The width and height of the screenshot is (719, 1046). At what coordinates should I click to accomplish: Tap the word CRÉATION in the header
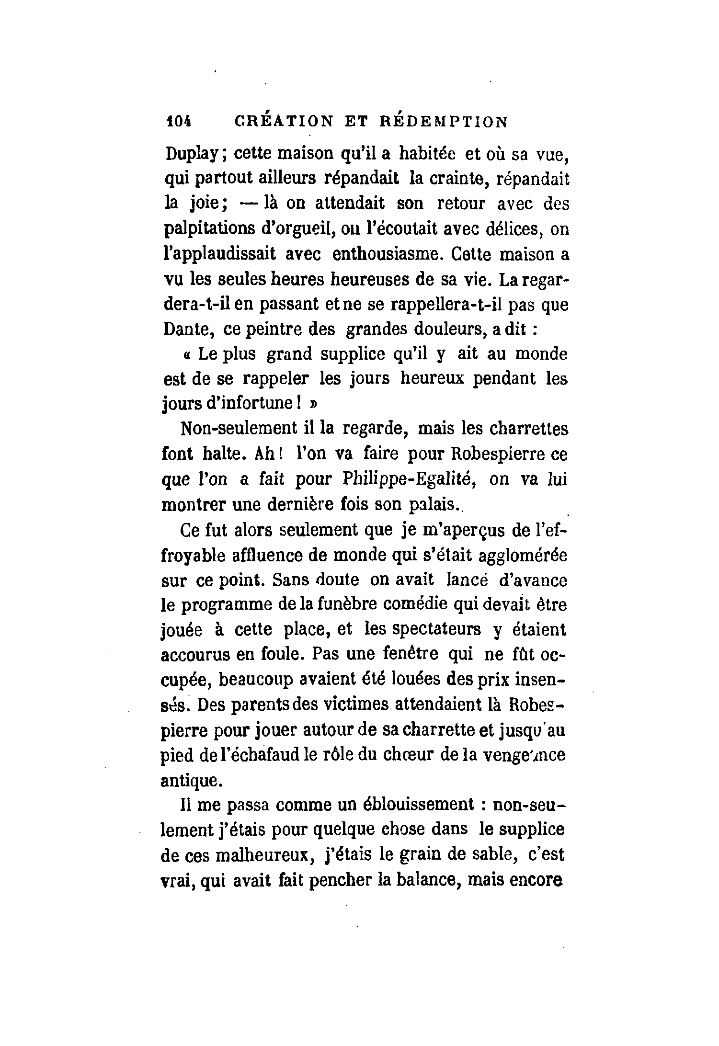[x=284, y=122]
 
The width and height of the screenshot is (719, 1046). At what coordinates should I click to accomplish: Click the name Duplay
[x=193, y=154]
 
